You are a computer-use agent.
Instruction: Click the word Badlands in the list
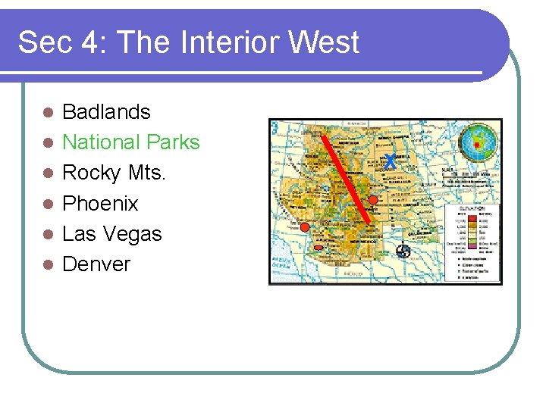(106, 112)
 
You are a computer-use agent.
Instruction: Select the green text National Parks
(130, 142)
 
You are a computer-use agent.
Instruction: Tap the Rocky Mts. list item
(114, 173)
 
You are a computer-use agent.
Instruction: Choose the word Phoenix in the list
(100, 203)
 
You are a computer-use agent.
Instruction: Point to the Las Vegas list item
(111, 233)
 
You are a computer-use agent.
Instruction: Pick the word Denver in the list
(96, 264)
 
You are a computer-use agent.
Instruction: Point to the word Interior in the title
(227, 43)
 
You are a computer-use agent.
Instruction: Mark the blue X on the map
(389, 161)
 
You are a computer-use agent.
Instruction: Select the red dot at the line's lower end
(373, 200)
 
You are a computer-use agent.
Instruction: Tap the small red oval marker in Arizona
(318, 248)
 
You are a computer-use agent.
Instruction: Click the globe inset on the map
(479, 142)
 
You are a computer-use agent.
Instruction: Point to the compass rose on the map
(403, 251)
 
